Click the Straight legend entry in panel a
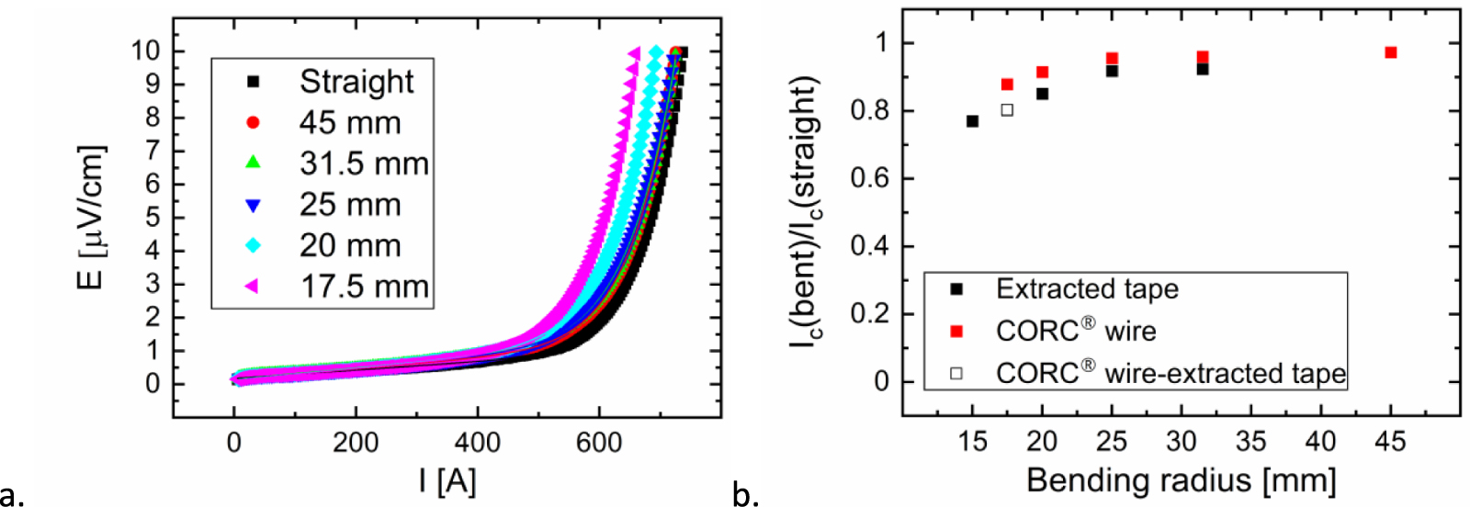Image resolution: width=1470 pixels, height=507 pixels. [356, 82]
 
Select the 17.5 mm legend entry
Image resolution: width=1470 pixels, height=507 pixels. [364, 287]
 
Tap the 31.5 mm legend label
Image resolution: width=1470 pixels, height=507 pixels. [364, 163]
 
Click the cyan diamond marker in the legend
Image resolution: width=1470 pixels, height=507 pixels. [254, 245]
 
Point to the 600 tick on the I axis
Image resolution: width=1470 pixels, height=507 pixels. [598, 443]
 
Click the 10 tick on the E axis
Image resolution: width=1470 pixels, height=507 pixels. [146, 51]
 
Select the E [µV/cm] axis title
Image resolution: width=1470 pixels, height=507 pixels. [91, 217]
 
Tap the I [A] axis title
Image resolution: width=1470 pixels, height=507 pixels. [447, 480]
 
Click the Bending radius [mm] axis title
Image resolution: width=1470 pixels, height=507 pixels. [1181, 480]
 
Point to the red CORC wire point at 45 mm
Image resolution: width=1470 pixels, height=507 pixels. [1391, 53]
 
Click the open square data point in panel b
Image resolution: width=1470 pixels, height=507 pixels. [1007, 110]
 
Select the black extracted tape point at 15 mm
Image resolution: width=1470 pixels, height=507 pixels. [972, 121]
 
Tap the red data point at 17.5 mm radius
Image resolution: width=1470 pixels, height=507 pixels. [1007, 84]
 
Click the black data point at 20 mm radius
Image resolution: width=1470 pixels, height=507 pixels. [1042, 94]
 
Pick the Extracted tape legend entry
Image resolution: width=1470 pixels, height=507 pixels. [1087, 289]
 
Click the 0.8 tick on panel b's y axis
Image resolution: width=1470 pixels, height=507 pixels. [869, 111]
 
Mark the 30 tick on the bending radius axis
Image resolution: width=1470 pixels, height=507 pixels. [1182, 443]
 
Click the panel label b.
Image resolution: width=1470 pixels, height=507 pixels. [745, 495]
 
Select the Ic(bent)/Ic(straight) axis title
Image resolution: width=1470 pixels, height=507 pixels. [805, 211]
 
